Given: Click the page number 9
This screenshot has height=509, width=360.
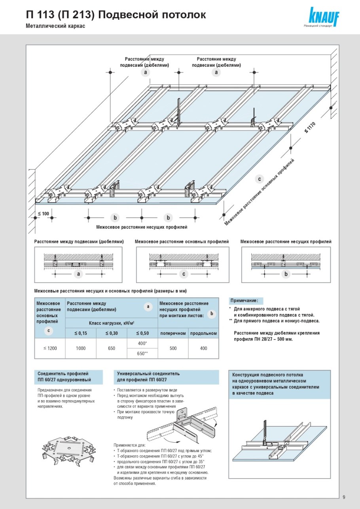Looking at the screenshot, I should [344, 497].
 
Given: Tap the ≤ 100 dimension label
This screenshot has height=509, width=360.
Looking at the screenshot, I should [44, 214].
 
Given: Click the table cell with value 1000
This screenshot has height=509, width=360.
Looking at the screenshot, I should [81, 348].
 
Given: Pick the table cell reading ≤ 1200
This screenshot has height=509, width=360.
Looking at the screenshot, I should [50, 348].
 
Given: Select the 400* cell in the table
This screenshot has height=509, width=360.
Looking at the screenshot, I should [142, 343].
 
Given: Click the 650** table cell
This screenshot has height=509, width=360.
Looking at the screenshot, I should [142, 354].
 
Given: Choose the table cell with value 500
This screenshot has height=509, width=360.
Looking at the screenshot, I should [173, 348].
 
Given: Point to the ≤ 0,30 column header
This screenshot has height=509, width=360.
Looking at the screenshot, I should [112, 333].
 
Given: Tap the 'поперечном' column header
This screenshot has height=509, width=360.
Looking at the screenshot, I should [173, 333].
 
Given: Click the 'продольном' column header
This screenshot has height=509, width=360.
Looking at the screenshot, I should [203, 333].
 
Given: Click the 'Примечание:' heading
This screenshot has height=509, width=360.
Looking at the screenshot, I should [246, 301].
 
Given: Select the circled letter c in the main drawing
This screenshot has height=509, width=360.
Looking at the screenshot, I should [260, 179].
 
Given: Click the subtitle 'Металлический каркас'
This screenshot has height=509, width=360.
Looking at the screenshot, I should [55, 26].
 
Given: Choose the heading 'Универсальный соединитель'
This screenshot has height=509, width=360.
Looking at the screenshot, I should [148, 373].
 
